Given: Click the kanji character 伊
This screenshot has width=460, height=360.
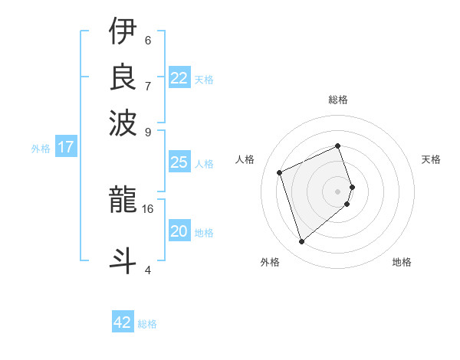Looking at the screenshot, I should click(x=123, y=31).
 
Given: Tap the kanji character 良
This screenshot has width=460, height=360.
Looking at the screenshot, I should click(x=123, y=77).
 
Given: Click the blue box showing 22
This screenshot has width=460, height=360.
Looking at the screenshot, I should click(x=179, y=78).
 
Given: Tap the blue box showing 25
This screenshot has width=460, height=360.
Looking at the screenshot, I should click(x=179, y=162).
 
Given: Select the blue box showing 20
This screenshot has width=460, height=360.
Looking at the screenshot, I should click(x=179, y=231).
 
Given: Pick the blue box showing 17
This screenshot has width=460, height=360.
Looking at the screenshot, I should click(x=66, y=147).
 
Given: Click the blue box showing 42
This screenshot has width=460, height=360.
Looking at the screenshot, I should click(x=123, y=322).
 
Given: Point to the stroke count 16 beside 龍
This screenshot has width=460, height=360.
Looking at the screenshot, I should click(x=148, y=208).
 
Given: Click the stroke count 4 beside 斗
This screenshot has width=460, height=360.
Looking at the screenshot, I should click(x=148, y=269).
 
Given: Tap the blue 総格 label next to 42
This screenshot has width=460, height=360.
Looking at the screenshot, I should click(x=147, y=324).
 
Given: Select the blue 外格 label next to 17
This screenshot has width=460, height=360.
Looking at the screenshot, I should click(x=41, y=149).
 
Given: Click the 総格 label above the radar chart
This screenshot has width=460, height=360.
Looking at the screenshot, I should click(x=338, y=100).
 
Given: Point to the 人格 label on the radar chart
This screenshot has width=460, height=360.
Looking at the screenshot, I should click(x=245, y=159).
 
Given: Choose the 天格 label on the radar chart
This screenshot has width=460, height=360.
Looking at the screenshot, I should click(x=431, y=159).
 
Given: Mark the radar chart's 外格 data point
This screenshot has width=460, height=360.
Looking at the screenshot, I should click(x=301, y=242).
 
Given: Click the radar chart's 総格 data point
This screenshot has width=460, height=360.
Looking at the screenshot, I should click(x=338, y=146).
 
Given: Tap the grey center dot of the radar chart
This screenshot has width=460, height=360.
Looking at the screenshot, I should click(x=338, y=191).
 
